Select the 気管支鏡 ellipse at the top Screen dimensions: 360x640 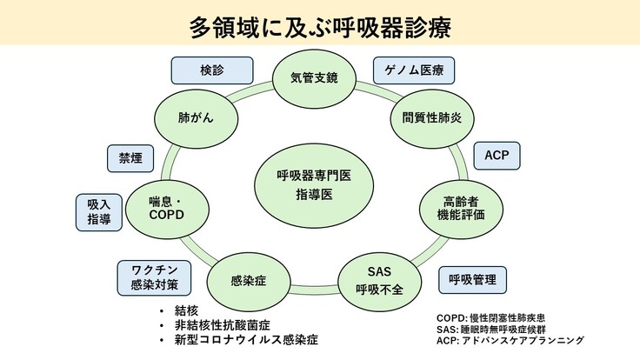(x=314, y=77)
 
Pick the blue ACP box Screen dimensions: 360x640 (x=497, y=157)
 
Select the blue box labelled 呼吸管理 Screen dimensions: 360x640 (x=472, y=280)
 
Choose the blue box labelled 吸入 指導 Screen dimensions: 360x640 (x=98, y=211)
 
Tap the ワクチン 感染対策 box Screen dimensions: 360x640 (x=149, y=277)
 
